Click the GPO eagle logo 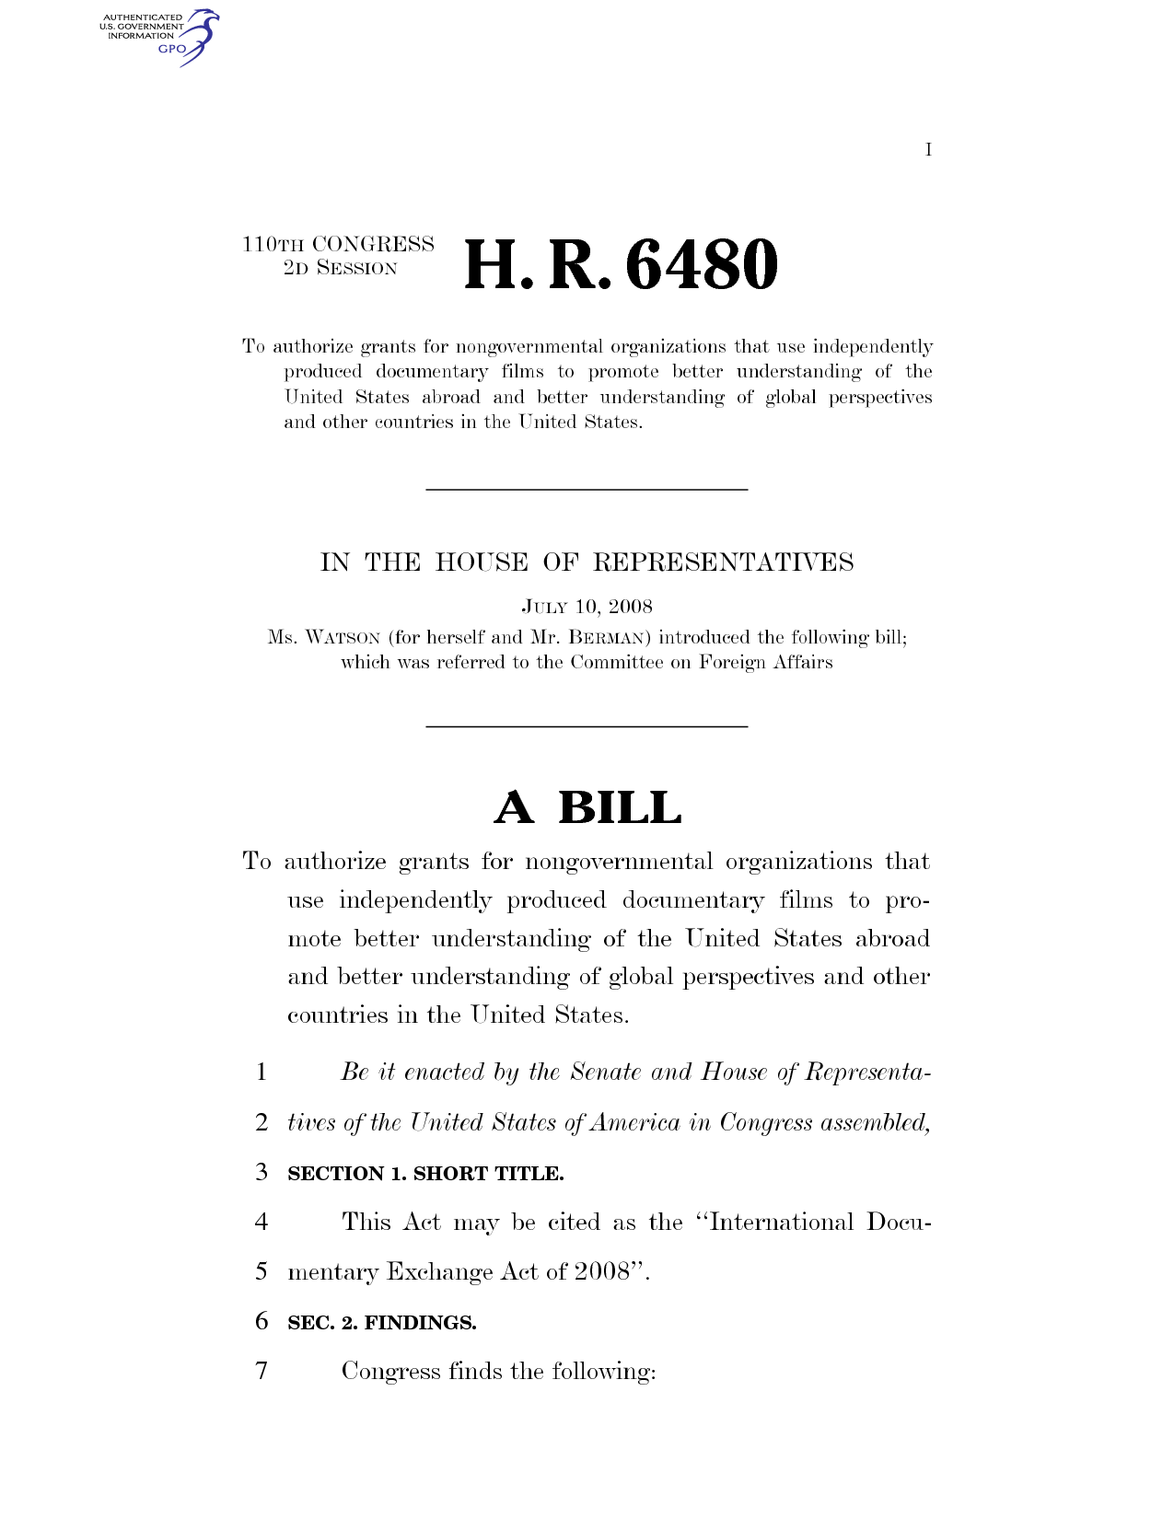click(196, 37)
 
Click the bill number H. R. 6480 click(622, 265)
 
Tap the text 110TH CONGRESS click(338, 245)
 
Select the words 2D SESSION click(341, 269)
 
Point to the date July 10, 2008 click(587, 607)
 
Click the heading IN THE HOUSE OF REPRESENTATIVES click(587, 562)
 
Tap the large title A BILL click(587, 808)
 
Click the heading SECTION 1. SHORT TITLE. click(425, 1174)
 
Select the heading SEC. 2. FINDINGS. click(382, 1323)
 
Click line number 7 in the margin click(262, 1371)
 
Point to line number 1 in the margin click(262, 1072)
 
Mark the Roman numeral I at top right click(929, 150)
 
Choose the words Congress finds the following click(498, 1372)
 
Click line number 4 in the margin click(262, 1222)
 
